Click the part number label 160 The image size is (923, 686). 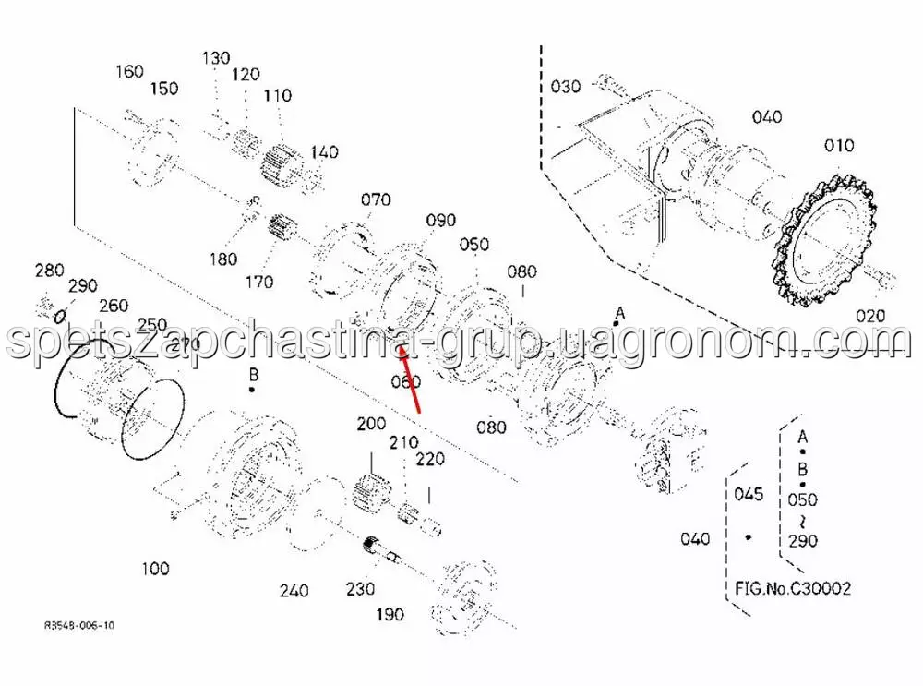pyautogui.click(x=130, y=71)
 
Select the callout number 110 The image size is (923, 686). pyautogui.click(x=277, y=95)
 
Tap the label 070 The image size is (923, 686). pyautogui.click(x=376, y=199)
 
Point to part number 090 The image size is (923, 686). pyautogui.click(x=441, y=221)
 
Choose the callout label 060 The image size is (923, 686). pyautogui.click(x=406, y=382)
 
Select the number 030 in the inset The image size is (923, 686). pyautogui.click(x=566, y=87)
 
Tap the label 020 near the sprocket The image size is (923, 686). pyautogui.click(x=869, y=316)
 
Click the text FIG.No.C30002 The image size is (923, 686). pyautogui.click(x=793, y=587)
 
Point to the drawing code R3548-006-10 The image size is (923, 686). pyautogui.click(x=79, y=625)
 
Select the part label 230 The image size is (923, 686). pyautogui.click(x=360, y=589)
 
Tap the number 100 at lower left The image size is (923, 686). pyautogui.click(x=155, y=568)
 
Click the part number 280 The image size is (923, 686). pyautogui.click(x=49, y=271)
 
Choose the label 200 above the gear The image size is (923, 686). pyautogui.click(x=371, y=424)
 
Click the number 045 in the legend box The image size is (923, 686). pyautogui.click(x=749, y=494)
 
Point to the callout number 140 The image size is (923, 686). pyautogui.click(x=324, y=152)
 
